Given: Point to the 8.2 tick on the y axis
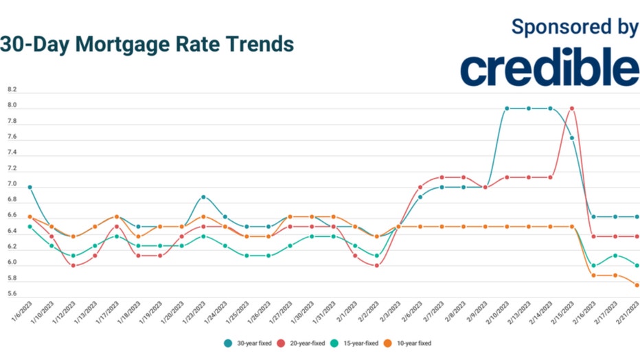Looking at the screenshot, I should tap(12, 90).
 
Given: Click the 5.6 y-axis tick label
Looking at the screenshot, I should tap(12, 295).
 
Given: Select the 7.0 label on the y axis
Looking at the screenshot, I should tap(12, 185).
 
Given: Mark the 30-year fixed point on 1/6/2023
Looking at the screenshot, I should tap(30, 187).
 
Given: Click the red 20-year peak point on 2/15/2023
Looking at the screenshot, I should tap(572, 109).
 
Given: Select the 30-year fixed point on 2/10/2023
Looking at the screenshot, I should tap(507, 109).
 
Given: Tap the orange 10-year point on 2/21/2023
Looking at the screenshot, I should tap(637, 285).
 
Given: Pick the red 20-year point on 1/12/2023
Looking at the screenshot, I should tap(73, 265).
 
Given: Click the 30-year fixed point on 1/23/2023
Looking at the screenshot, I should tap(203, 197).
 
